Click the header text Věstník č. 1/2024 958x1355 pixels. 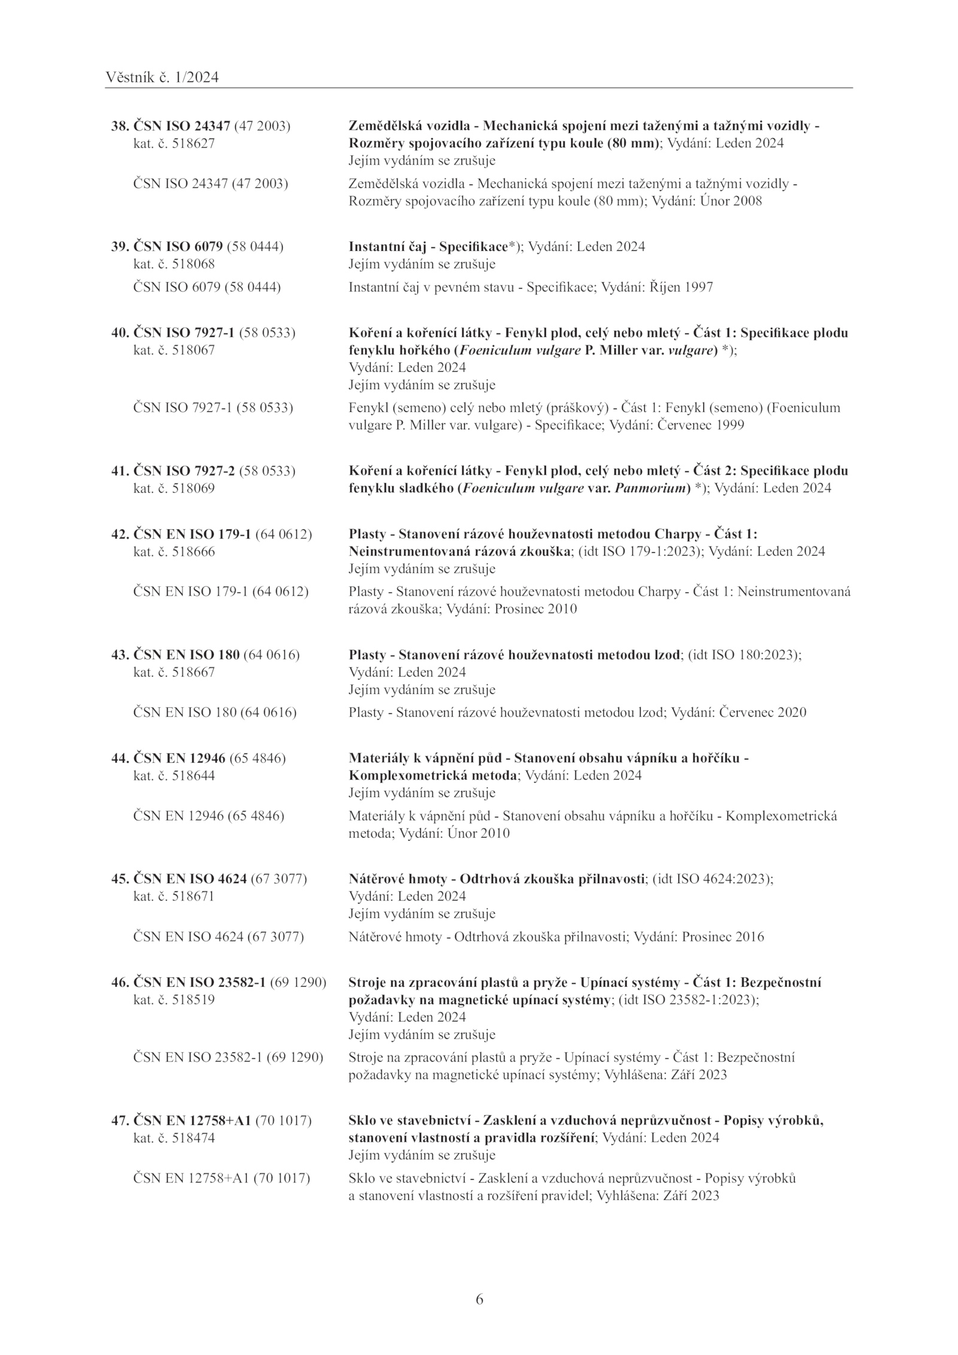click(162, 77)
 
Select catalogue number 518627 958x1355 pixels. click(193, 144)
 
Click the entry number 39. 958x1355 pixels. click(120, 247)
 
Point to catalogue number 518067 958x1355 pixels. click(193, 350)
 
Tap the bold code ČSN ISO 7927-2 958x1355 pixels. click(184, 471)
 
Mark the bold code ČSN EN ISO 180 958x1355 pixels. click(186, 655)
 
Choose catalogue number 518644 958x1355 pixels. click(193, 776)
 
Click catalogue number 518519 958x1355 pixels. click(193, 1000)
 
